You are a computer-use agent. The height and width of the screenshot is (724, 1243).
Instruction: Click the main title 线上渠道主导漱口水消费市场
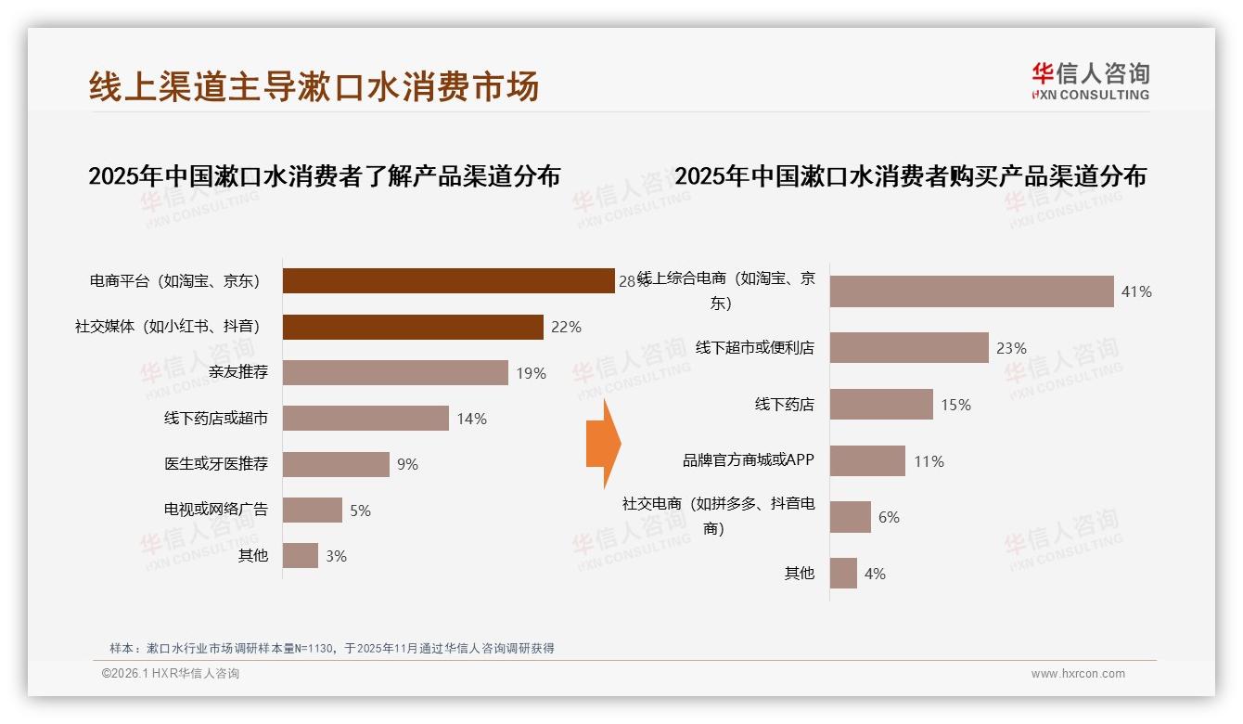314,86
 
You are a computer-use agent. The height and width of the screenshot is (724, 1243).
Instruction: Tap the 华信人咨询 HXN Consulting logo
1090,82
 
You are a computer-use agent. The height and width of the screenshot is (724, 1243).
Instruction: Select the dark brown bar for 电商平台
448,281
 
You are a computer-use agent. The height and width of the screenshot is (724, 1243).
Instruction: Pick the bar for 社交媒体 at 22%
413,327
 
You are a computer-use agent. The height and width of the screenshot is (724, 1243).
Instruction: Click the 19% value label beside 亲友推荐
532,373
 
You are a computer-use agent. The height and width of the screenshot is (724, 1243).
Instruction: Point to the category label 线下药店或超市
216,419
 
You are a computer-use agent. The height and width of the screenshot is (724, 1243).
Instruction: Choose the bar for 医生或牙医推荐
336,464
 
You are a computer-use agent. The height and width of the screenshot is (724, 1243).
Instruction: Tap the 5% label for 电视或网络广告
360,511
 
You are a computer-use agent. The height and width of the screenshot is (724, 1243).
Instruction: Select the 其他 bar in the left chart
301,556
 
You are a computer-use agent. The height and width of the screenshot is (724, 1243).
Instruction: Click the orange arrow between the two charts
603,444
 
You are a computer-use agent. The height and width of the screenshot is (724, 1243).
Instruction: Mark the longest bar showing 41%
971,291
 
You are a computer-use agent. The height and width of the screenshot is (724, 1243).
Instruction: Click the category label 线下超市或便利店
755,348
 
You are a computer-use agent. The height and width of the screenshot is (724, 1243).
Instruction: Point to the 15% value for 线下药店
955,405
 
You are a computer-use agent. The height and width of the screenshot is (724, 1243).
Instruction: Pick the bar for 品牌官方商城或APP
867,461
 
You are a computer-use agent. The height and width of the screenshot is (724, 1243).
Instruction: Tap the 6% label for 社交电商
889,517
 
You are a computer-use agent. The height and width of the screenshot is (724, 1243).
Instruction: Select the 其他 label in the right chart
800,574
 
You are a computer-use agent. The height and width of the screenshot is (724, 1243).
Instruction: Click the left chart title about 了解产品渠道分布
324,175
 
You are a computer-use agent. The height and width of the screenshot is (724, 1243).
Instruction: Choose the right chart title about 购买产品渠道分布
910,175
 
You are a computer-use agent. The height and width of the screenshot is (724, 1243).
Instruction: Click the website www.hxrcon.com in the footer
1078,674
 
